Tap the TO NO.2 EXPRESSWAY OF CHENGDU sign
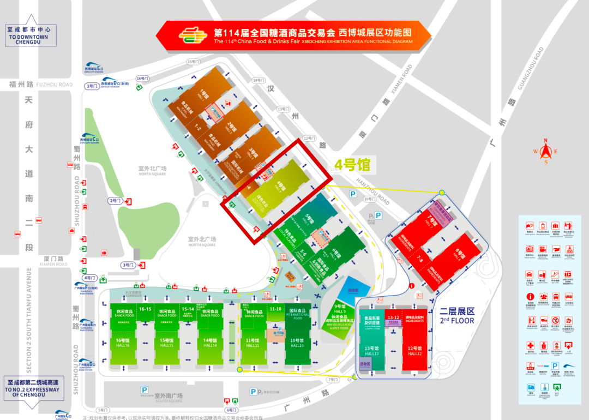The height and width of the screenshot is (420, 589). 34,391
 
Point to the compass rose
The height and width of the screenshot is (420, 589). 546,152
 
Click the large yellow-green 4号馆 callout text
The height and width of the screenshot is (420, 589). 352,163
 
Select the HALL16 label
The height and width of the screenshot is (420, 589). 122,345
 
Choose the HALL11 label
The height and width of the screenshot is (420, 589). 253,345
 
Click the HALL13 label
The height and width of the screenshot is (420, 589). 371,354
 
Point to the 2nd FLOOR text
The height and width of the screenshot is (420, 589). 458,320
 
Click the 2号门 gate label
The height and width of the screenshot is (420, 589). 116,201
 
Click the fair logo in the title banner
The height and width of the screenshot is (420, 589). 192,36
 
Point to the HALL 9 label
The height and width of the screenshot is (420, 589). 341,311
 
